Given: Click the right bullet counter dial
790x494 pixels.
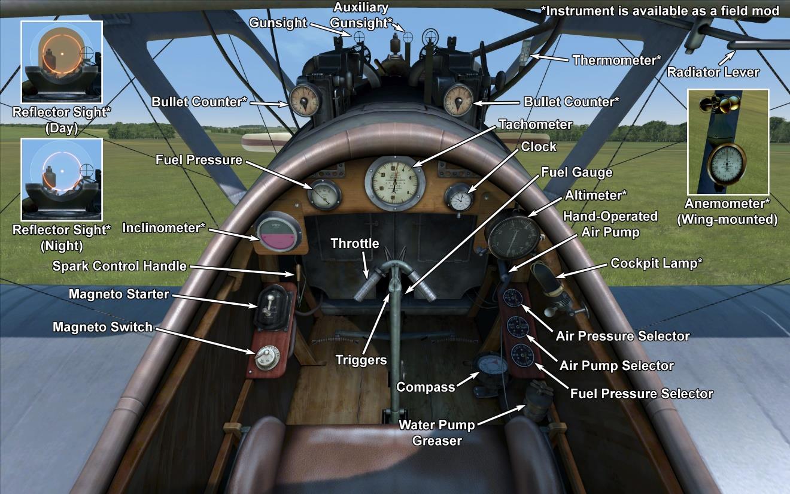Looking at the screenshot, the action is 458,99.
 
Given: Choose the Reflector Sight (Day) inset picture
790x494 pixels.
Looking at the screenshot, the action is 62,62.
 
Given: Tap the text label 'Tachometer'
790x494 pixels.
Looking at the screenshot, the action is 535,125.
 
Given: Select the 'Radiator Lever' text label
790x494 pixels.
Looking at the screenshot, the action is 713,72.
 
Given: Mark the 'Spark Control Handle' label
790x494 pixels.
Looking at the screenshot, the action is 119,266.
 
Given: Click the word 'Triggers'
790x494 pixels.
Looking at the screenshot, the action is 360,360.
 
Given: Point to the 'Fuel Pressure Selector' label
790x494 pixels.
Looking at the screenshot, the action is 642,393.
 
